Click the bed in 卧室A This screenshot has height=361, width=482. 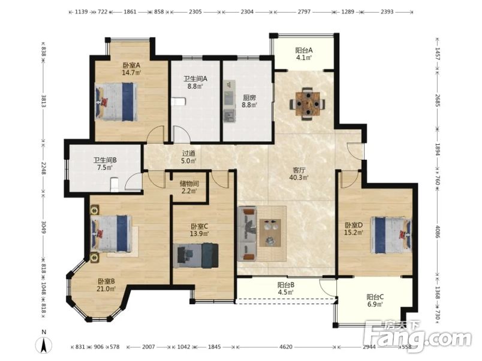tap(116, 102)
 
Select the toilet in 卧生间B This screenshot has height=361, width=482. tap(115, 184)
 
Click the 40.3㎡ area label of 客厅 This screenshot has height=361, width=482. tap(299, 177)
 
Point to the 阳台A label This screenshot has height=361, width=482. tap(304, 50)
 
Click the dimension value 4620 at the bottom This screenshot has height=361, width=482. tap(285, 347)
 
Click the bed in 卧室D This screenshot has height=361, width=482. tap(391, 235)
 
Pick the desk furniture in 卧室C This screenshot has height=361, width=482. tap(196, 256)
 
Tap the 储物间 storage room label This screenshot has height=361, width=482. tap(189, 184)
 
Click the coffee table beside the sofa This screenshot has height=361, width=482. tap(270, 232)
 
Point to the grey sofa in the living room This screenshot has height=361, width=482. tap(247, 234)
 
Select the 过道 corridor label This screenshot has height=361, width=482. tap(189, 153)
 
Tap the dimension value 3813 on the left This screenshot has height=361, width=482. tap(43, 101)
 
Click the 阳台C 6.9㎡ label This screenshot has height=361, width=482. tap(375, 301)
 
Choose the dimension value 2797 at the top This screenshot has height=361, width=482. tap(304, 11)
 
